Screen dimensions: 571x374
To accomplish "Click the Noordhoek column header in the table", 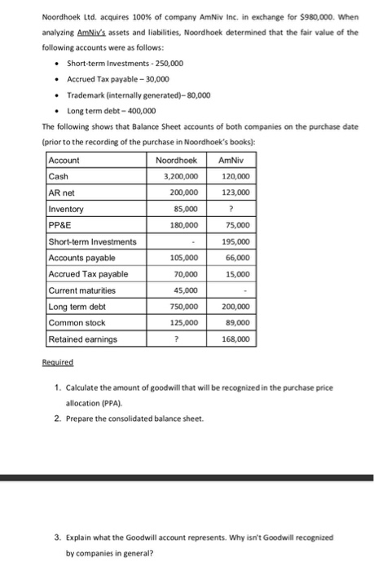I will [x=176, y=161].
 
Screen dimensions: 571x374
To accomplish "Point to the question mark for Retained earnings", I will [x=182, y=339].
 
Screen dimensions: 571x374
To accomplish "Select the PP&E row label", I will [x=59, y=224].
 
